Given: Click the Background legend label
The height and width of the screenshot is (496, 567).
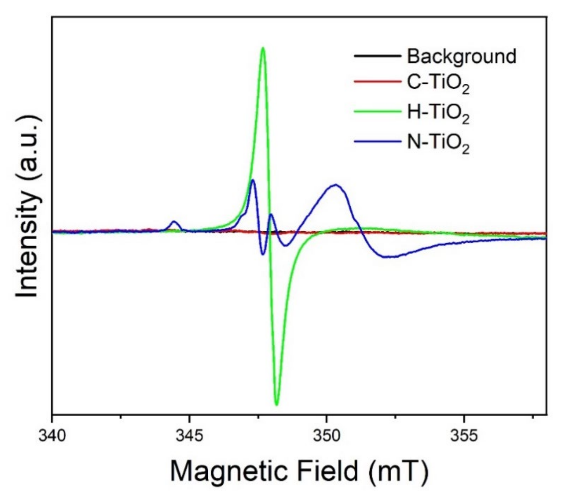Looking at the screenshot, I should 461,56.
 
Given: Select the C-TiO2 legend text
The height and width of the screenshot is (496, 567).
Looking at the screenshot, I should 438,83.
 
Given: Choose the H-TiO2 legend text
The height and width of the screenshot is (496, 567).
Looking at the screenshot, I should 438,113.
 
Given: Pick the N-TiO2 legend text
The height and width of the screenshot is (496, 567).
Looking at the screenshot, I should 438,143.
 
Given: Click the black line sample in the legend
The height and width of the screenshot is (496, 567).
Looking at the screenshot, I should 377,56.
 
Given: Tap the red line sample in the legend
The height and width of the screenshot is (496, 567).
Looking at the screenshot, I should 377,82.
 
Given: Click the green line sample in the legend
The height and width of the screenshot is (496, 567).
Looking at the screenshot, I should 377,112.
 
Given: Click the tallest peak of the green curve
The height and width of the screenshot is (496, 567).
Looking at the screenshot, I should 263,48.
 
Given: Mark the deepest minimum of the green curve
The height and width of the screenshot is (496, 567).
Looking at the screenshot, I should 277,405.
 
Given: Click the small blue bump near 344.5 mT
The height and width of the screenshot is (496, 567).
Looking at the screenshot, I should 174,221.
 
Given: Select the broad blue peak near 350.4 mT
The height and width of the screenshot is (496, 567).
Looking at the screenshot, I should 336,185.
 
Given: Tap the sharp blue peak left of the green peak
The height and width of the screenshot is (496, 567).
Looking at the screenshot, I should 253,180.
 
